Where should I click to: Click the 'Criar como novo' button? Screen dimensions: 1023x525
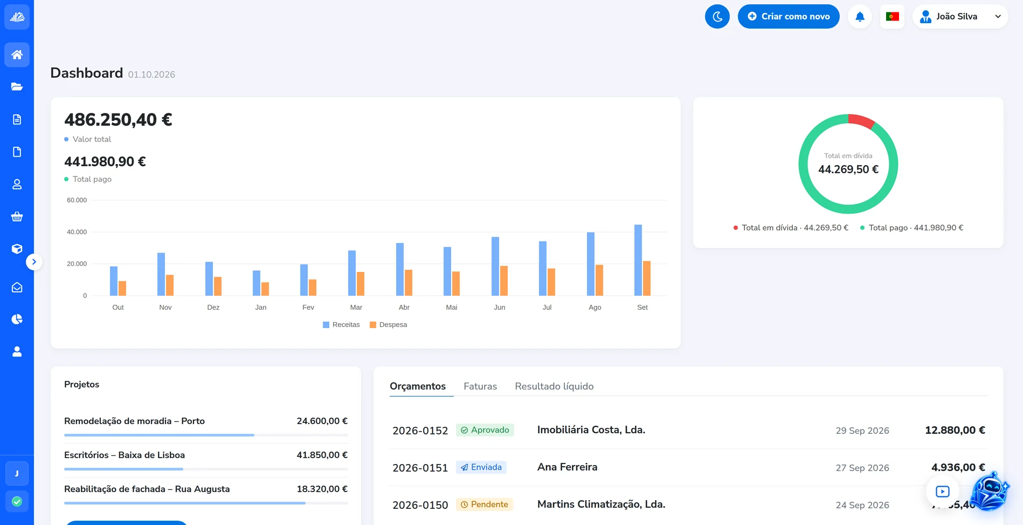(x=788, y=16)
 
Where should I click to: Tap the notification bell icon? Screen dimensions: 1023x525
(x=860, y=16)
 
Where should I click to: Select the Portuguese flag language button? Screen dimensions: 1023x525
(x=892, y=16)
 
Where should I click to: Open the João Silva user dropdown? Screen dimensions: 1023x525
(x=960, y=16)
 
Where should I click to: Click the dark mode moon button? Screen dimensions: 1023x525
(x=717, y=16)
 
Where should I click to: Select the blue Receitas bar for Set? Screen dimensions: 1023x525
(x=638, y=260)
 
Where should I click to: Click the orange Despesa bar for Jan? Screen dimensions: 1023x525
(x=265, y=289)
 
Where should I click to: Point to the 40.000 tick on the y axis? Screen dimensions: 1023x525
(x=77, y=232)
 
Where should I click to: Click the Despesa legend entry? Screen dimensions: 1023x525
(x=388, y=325)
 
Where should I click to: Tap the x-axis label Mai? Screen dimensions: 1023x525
(x=452, y=308)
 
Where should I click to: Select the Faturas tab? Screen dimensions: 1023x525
(x=480, y=386)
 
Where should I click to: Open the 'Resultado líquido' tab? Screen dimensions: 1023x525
(x=554, y=386)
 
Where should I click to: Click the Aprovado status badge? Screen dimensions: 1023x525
(x=485, y=430)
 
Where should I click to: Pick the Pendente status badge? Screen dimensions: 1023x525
(x=485, y=504)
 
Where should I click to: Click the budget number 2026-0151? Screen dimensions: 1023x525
(x=420, y=468)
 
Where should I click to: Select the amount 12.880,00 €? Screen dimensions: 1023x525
(x=955, y=430)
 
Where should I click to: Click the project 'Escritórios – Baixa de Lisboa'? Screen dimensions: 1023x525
(x=125, y=455)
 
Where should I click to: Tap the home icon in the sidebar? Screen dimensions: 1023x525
(x=17, y=54)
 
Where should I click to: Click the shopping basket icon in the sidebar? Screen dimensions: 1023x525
(x=17, y=216)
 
